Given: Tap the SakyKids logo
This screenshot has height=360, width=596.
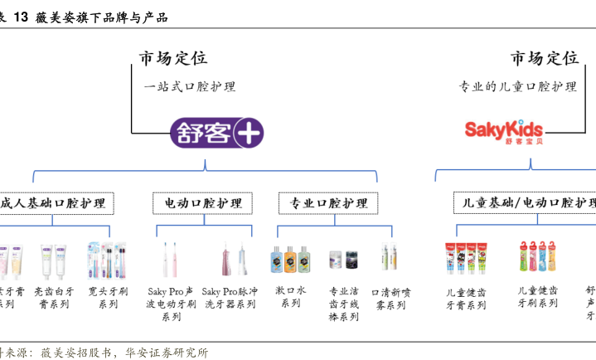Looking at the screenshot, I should point(503,130).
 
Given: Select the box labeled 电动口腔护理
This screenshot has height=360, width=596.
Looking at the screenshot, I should point(203,203).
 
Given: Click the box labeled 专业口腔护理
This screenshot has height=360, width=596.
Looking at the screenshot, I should point(327,203).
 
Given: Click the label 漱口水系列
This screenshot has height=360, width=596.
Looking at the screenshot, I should point(290,297).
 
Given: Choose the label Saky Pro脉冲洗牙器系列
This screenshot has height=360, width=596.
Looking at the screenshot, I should point(230,298).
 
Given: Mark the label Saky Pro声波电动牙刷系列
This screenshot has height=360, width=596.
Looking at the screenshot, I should point(172,304).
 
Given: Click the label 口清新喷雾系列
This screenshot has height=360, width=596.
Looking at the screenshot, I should point(390,299).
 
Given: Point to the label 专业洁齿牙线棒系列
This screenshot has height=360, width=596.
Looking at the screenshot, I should point(344,304).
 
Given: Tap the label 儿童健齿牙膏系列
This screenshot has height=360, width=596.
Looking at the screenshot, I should point(466,299).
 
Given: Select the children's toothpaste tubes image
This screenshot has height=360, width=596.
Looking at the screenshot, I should point(465,259).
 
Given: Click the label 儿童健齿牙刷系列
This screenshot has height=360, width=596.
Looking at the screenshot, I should point(537,297).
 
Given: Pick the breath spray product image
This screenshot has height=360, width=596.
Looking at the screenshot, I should point(386,259).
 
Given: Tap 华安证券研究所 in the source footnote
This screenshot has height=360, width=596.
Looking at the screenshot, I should point(167,352).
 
